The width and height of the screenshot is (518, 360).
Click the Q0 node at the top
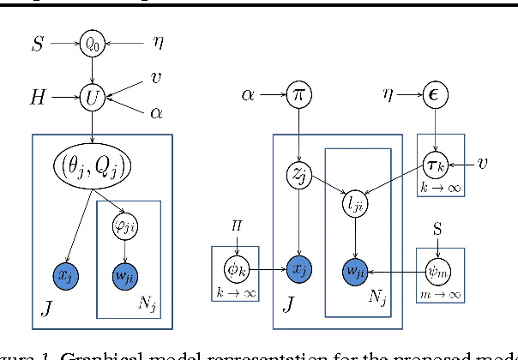pos(92,41)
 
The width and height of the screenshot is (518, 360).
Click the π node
pos(298,93)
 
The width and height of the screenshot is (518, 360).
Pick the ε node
pos(437,93)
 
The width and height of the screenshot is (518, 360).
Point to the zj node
pos(298,177)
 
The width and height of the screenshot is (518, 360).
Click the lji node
pos(353,203)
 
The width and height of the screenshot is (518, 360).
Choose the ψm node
pos(438,268)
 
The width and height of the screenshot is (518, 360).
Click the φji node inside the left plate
pos(127,226)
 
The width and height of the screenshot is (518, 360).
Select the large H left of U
pos(35,99)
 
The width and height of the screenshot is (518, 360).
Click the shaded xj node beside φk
pos(298,268)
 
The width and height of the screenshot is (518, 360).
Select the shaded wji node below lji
pos(353,268)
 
